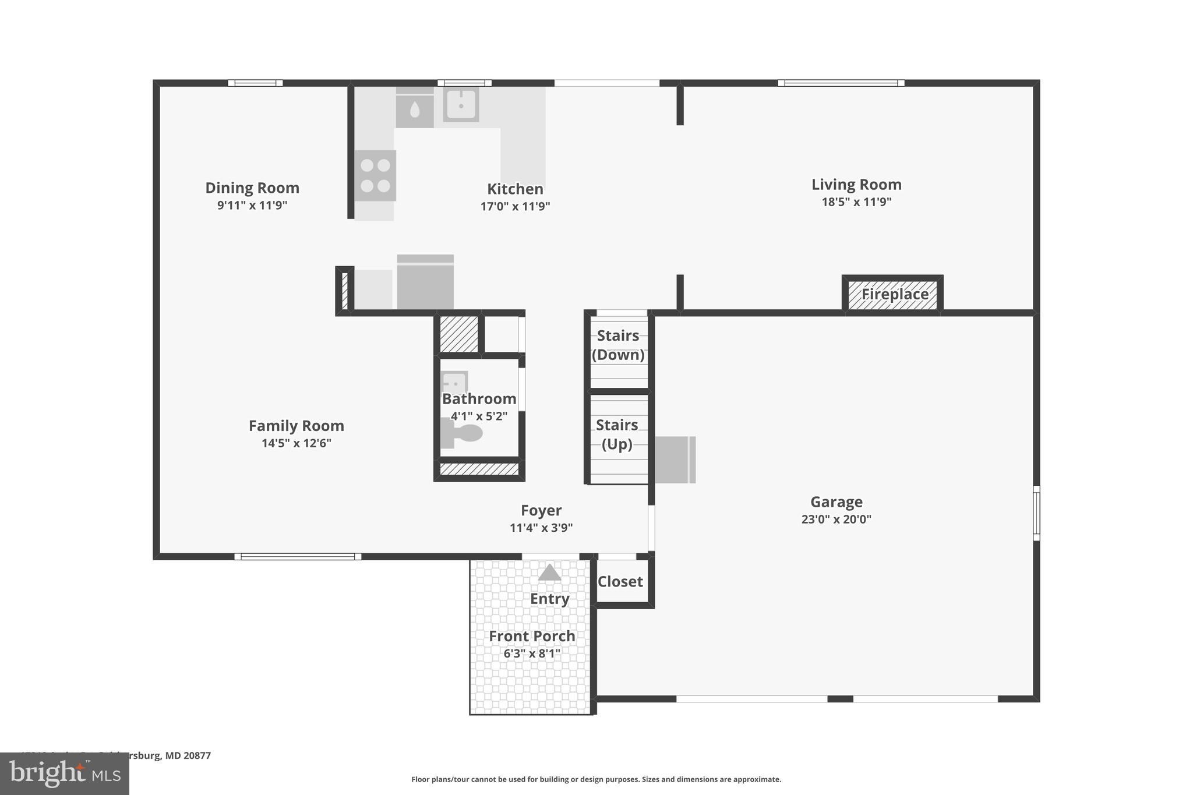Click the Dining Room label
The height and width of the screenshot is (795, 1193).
[252, 188]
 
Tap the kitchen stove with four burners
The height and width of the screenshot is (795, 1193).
[375, 175]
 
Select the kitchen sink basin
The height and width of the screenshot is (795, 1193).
[461, 105]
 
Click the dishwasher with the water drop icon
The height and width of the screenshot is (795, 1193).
[415, 110]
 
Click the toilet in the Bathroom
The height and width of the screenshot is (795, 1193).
[464, 433]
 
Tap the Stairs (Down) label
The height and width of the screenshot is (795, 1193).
[618, 345]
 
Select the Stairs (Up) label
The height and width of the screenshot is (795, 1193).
[617, 434]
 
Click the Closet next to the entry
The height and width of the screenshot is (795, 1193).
[620, 581]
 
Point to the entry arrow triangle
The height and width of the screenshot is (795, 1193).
[549, 573]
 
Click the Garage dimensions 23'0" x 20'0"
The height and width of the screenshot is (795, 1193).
[836, 519]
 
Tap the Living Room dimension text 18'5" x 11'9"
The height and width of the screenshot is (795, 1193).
[856, 202]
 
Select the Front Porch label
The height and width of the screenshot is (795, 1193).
[532, 636]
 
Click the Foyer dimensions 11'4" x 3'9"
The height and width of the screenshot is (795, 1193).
[541, 528]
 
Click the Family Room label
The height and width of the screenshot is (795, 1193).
[297, 426]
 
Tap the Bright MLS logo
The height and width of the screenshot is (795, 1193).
[65, 773]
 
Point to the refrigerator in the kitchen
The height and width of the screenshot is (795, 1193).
[425, 283]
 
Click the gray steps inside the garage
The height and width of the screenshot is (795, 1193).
[675, 460]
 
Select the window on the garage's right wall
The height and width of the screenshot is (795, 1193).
[1036, 513]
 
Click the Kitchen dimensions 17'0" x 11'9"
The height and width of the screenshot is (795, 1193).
[515, 206]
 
